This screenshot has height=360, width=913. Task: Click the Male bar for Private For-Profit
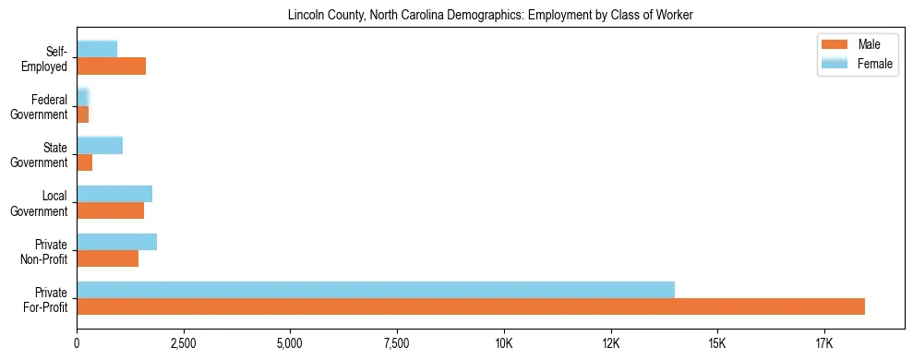(471, 306)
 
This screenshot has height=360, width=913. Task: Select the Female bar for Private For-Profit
(376, 290)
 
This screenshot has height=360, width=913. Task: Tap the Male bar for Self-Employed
(111, 66)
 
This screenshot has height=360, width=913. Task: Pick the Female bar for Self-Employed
(97, 49)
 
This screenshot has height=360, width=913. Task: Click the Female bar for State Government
(100, 145)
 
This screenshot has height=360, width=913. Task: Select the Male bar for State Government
(84, 162)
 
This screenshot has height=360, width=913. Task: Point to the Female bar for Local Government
(114, 194)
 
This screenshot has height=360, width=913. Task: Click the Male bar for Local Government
(110, 210)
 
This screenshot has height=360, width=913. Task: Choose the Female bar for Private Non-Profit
(116, 242)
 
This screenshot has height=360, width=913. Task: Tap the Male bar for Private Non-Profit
(107, 258)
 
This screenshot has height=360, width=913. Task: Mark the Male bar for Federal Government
(82, 114)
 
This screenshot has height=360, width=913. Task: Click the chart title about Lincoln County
(489, 15)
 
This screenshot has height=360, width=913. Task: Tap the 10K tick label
(504, 344)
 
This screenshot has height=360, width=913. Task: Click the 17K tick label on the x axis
(824, 344)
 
